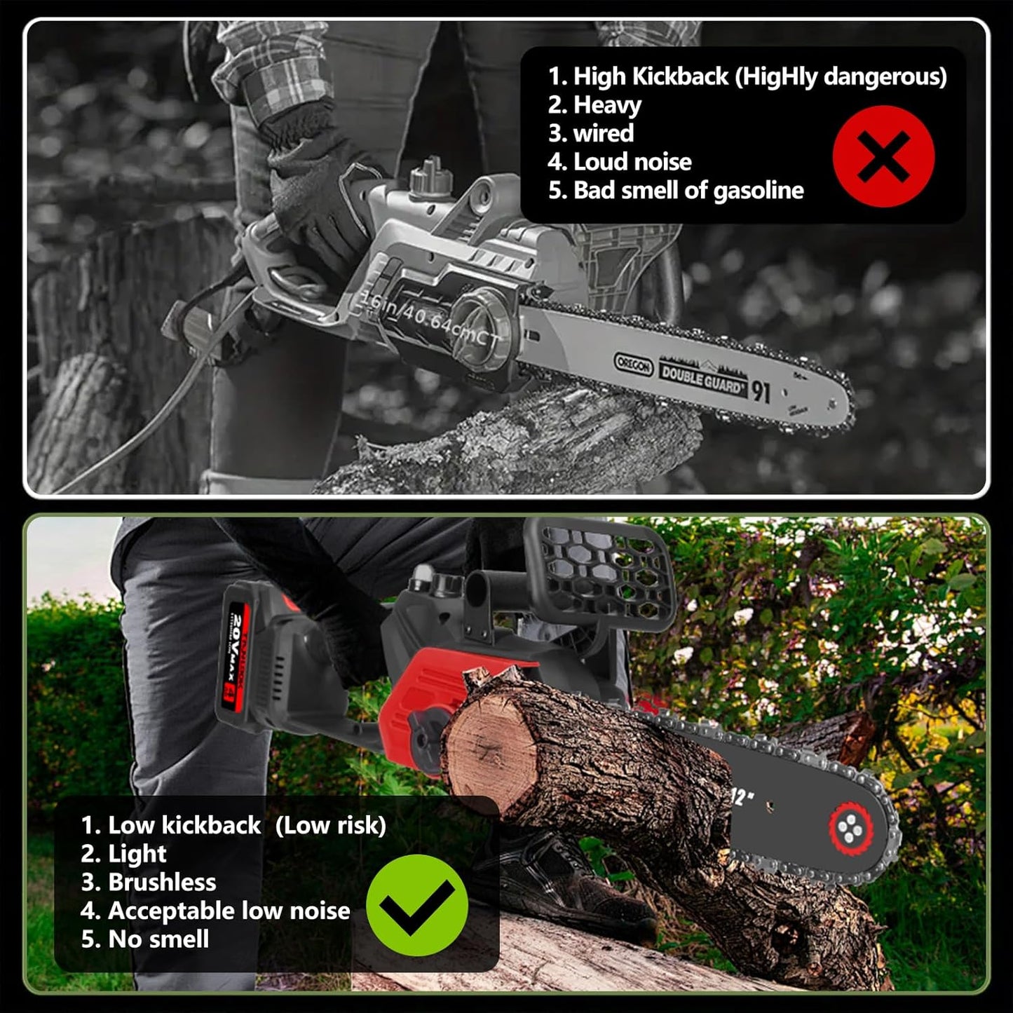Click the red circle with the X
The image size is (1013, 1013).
point(883,156)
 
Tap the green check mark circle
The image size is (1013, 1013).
point(417,905)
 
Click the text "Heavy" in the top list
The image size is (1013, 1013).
point(607,105)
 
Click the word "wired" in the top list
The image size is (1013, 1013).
point(603,133)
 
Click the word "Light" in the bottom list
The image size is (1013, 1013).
point(137,854)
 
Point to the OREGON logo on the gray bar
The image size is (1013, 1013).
point(633,364)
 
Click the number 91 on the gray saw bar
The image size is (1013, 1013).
point(761,391)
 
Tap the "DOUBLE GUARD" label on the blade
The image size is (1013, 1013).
point(701,379)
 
